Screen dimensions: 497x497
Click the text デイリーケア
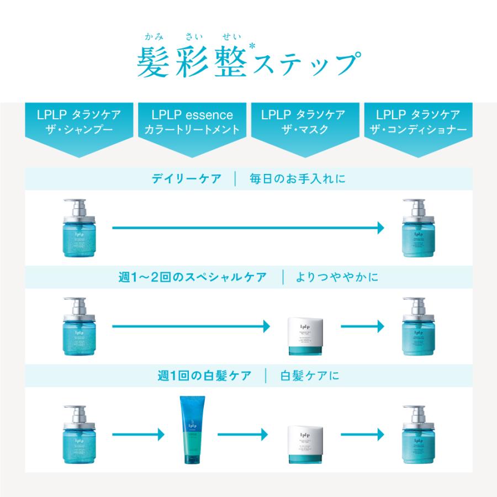point(187,179)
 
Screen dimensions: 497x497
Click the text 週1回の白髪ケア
point(204,376)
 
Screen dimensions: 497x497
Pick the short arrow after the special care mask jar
point(362,326)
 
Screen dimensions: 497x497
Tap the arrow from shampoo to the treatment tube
point(139,435)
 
